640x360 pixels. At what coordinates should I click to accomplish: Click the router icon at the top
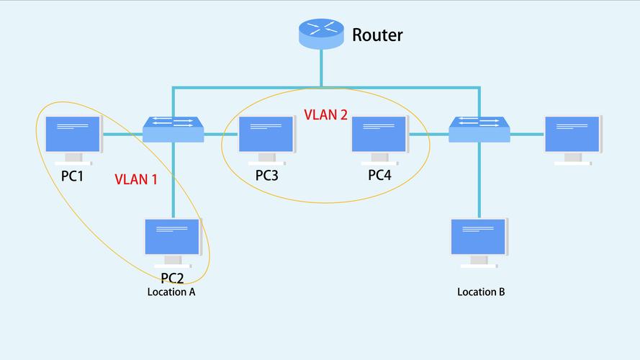tap(321, 33)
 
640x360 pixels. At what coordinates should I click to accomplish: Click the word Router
tap(377, 34)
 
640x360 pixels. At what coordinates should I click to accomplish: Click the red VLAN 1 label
tap(135, 179)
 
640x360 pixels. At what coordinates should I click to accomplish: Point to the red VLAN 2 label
tap(325, 114)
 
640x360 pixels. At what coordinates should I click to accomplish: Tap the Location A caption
tap(171, 292)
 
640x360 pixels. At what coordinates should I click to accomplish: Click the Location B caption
tap(481, 292)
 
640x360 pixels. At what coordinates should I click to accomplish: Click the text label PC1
tap(72, 175)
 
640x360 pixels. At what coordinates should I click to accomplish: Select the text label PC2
tap(173, 278)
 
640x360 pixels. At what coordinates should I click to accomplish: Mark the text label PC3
tap(266, 175)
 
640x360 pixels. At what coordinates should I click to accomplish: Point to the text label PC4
tap(379, 175)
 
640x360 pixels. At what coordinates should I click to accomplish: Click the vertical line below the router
tap(321, 68)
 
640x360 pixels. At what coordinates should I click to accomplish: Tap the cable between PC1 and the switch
tap(122, 134)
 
